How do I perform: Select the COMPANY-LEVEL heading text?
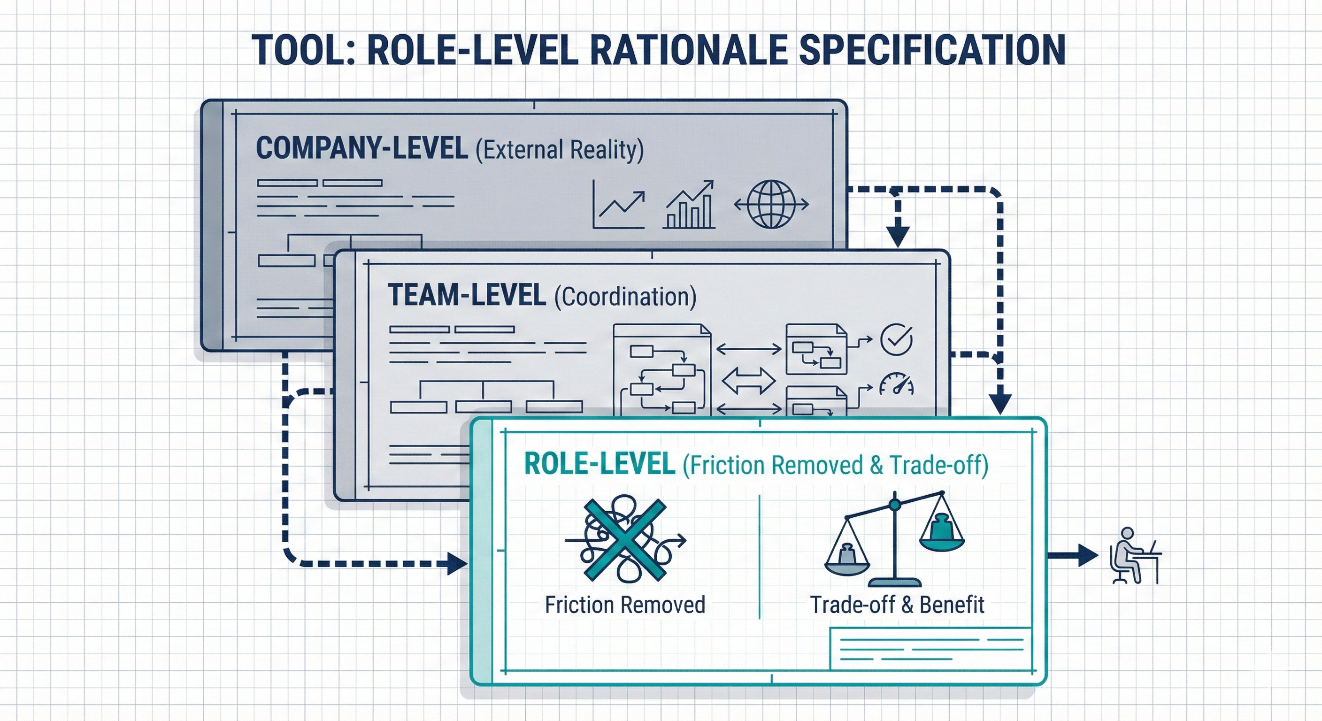pos(362,148)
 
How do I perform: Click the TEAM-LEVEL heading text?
pos(467,296)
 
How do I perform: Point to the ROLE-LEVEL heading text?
pos(599,464)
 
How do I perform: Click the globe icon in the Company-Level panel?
pos(771,204)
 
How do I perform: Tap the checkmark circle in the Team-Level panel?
pos(896,339)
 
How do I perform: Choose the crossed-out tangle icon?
pos(624,539)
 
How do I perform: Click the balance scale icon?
pos(894,539)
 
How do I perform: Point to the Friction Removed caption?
pos(624,605)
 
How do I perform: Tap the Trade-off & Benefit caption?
pos(897,605)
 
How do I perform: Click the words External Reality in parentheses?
pos(560,150)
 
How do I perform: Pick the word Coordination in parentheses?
pos(625,297)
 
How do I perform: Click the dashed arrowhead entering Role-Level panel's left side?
pos(457,563)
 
